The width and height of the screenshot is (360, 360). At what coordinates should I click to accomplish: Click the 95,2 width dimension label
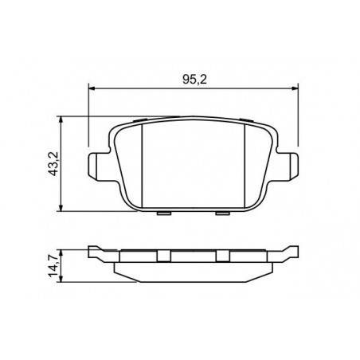tap(194, 80)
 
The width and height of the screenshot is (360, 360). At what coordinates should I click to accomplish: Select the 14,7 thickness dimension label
tap(53, 265)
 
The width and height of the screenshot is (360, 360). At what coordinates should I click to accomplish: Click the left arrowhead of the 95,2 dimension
tap(92, 88)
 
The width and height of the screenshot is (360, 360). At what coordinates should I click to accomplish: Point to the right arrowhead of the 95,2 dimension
tap(295, 88)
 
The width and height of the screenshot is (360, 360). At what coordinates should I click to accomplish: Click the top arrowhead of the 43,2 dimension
tap(61, 119)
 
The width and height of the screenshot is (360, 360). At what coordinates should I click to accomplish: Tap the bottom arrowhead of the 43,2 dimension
tap(61, 208)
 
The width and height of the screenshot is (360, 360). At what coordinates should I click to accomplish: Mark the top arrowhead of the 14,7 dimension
tap(61, 252)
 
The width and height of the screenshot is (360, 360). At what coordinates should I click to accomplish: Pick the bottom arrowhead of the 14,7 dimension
tap(61, 279)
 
